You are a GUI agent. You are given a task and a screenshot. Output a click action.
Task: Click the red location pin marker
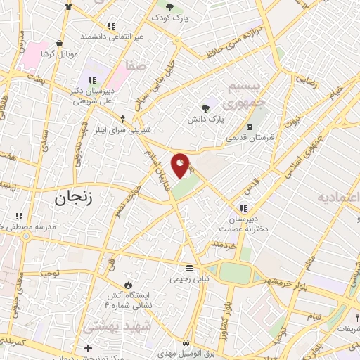pos(181,165)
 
